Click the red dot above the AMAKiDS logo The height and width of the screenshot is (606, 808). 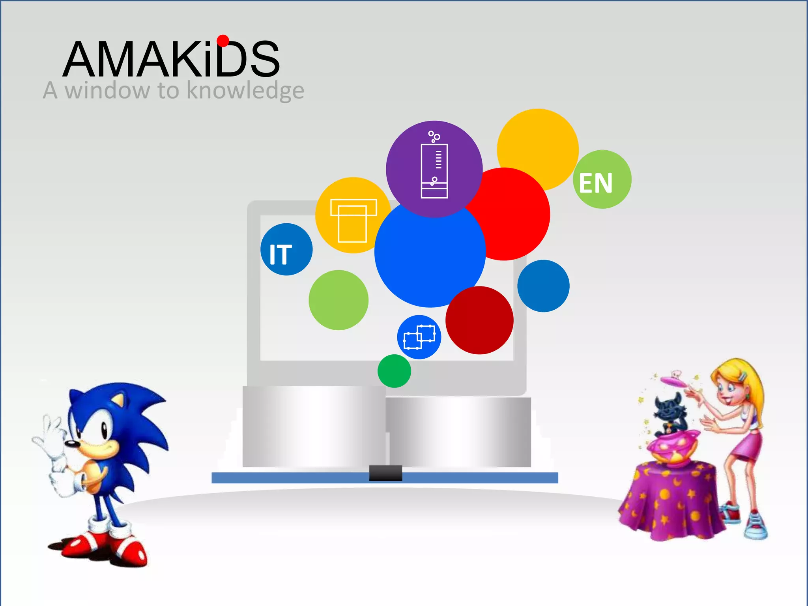(x=223, y=40)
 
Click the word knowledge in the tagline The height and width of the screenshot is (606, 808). (x=245, y=91)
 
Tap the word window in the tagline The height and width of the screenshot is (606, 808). (x=107, y=91)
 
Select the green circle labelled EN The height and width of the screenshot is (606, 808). (x=602, y=180)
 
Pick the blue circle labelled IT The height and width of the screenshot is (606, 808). (x=286, y=249)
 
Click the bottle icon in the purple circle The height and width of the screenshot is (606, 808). (x=434, y=166)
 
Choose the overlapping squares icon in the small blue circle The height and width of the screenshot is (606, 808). (x=419, y=337)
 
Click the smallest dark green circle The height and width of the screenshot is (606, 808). (x=394, y=371)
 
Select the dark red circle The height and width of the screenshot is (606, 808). (x=479, y=320)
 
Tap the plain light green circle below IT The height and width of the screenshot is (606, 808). (x=338, y=300)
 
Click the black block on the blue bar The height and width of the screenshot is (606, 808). (x=385, y=473)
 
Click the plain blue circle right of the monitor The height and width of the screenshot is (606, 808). (x=543, y=286)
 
